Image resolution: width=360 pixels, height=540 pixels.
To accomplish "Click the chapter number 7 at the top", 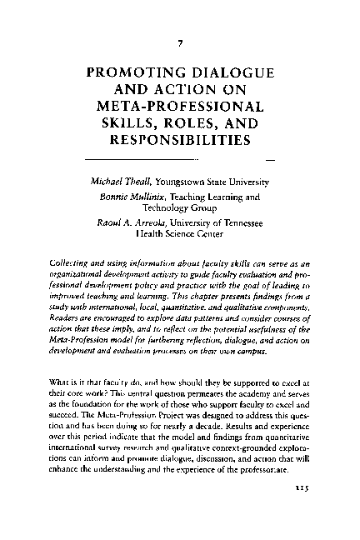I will coord(180,42).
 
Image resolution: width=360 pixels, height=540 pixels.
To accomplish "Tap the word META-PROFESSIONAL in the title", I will coord(179,106).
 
